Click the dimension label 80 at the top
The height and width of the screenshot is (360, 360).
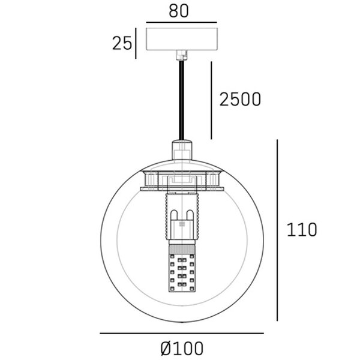pyautogui.click(x=179, y=11)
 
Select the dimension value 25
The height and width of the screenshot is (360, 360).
pyautogui.click(x=122, y=43)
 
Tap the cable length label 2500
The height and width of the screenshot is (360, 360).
pyautogui.click(x=240, y=99)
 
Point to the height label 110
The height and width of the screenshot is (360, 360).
pyautogui.click(x=302, y=230)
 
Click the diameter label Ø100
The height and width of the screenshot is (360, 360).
pyautogui.click(x=182, y=348)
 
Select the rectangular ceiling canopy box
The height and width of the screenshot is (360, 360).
pyautogui.click(x=182, y=39)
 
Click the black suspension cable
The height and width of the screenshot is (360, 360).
pyautogui.click(x=181, y=100)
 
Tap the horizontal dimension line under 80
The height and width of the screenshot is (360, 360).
pyautogui.click(x=182, y=23)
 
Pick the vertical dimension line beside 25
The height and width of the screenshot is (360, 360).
pyautogui.click(x=136, y=43)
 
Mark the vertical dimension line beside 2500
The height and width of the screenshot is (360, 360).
pyautogui.click(x=211, y=100)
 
